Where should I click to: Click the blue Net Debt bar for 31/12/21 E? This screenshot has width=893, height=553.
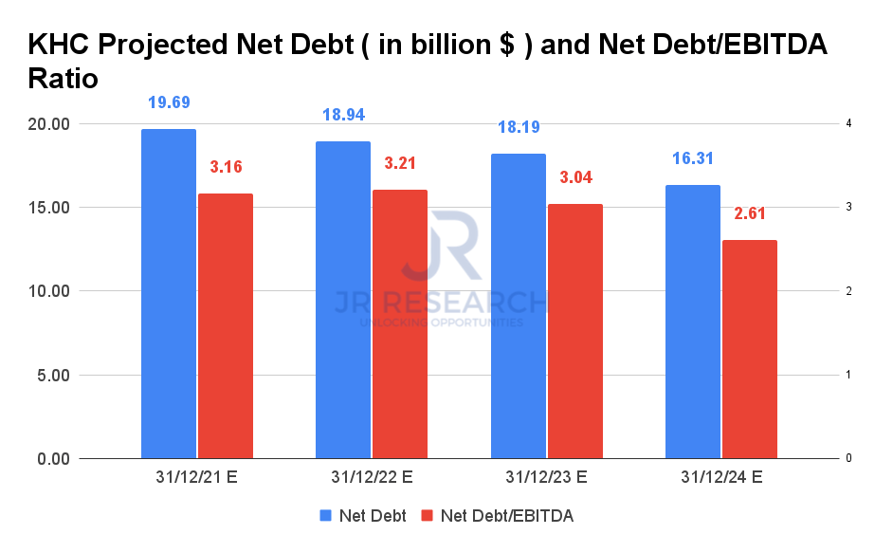click(x=169, y=294)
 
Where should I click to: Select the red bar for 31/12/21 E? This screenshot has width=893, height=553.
click(x=226, y=326)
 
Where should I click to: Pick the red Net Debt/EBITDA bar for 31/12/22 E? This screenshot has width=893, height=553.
click(x=400, y=324)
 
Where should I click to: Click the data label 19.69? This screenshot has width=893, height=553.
click(x=169, y=102)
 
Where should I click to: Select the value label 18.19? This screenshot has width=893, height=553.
click(x=518, y=126)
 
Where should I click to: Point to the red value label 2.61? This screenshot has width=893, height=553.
click(x=750, y=213)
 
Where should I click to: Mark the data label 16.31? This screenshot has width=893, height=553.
click(x=693, y=158)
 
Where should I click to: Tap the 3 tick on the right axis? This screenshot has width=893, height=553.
click(x=848, y=208)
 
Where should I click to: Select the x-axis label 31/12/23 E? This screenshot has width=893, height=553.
click(x=547, y=477)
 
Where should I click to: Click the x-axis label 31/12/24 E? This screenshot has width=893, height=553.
click(x=721, y=477)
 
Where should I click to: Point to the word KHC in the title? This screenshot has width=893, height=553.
click(x=61, y=45)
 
